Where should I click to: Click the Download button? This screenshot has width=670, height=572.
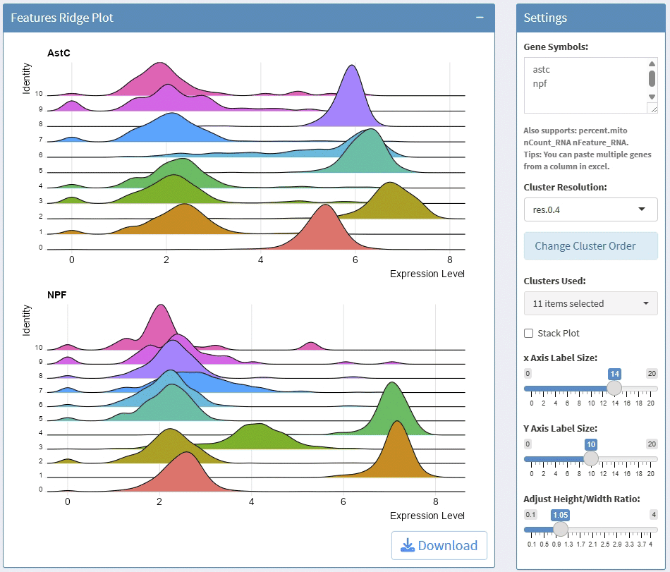tap(439, 545)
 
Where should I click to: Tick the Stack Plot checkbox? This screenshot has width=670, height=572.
tap(529, 333)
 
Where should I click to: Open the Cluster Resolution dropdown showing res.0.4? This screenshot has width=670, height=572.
tap(590, 209)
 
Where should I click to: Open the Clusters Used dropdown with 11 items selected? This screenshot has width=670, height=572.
tap(590, 303)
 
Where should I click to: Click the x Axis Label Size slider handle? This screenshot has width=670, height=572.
tap(614, 388)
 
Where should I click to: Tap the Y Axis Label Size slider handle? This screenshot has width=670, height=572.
tap(591, 458)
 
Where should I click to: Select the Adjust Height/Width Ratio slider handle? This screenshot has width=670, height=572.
tap(561, 529)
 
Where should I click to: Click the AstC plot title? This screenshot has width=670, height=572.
tap(59, 53)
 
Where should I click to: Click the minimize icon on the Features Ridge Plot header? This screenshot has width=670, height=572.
tap(480, 18)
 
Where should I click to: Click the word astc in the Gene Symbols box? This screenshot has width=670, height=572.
tap(542, 69)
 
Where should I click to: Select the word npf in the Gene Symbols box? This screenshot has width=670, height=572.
tap(540, 83)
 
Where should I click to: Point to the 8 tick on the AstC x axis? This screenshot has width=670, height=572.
tap(450, 260)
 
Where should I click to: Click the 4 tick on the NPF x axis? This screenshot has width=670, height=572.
tap(251, 501)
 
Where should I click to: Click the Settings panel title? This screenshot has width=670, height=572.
tap(545, 18)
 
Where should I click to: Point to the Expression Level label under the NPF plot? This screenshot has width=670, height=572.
tap(427, 516)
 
